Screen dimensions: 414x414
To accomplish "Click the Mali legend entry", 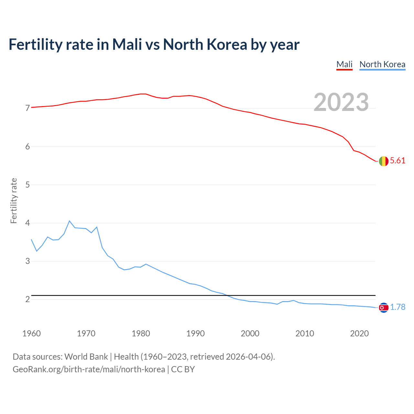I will [344, 64].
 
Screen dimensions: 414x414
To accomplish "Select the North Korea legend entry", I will [382, 64].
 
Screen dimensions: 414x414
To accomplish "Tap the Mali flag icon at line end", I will [383, 161].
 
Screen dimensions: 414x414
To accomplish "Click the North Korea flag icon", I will [383, 308].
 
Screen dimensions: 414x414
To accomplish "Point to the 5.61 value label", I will [398, 161].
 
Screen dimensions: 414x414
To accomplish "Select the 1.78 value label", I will [398, 307].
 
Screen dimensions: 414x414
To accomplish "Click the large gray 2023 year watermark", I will [341, 102].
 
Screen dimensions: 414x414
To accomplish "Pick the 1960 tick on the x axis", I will [31, 333].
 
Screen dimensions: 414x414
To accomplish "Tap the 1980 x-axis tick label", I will [141, 333].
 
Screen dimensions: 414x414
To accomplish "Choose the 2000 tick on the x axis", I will [250, 333].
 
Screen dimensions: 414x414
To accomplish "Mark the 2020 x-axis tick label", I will [359, 333].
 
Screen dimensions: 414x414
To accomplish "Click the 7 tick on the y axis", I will [27, 108].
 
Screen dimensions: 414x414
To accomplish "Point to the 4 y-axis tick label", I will [27, 223].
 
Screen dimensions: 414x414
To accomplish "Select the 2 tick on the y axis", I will [27, 300].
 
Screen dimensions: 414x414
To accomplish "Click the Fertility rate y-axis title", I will [14, 201].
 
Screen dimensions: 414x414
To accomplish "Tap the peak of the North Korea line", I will [70, 221].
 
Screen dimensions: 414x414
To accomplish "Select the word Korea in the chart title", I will [227, 44].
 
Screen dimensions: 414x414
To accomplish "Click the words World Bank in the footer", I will [86, 357].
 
